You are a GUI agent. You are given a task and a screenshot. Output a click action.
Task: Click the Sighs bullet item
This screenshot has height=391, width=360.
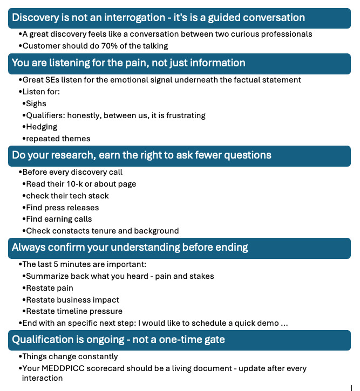tap(36, 104)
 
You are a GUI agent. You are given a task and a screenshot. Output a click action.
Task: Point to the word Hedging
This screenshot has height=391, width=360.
tap(42, 127)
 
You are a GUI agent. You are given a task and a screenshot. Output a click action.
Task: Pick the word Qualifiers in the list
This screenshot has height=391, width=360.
tap(45, 115)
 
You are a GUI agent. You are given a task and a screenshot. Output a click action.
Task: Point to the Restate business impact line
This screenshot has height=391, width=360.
tap(72, 299)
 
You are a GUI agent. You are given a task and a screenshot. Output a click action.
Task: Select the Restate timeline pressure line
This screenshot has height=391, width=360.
tap(74, 311)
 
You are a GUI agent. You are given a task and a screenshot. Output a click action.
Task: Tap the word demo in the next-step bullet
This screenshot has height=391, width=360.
tap(268, 323)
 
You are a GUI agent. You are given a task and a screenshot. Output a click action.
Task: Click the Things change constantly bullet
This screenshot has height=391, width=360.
tap(70, 356)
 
